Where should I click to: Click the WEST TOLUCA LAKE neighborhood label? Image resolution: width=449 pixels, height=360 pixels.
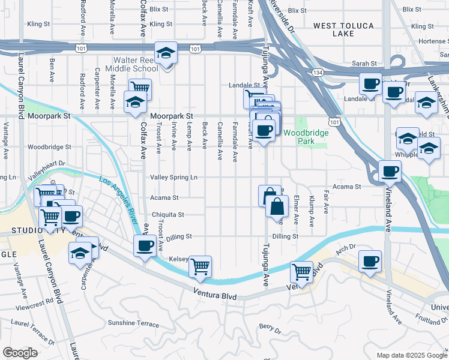(343, 29)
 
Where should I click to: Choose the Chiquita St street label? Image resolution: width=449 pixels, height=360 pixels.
(167, 214)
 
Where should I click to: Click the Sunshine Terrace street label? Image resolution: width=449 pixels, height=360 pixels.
(133, 323)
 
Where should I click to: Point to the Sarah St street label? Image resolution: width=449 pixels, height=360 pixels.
(364, 63)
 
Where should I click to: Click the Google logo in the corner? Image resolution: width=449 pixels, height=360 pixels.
(19, 353)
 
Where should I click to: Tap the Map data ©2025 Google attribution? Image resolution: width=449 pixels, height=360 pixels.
(411, 355)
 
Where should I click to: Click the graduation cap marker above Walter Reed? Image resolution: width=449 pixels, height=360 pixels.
(166, 53)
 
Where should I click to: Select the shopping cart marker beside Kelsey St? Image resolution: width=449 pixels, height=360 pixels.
(200, 266)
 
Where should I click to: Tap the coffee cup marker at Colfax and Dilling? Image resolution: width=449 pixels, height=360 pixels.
(145, 246)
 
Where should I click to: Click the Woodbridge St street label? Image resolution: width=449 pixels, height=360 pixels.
(49, 146)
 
